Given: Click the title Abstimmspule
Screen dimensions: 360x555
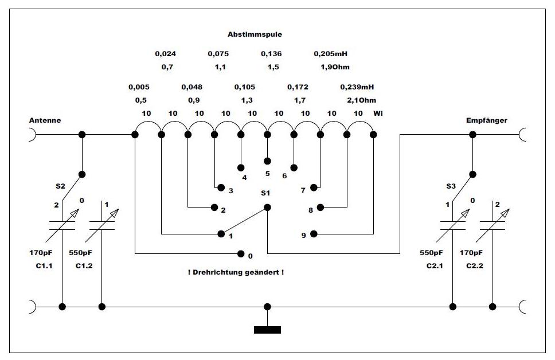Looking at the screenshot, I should [255, 34].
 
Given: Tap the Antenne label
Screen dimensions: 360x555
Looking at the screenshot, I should [45, 120].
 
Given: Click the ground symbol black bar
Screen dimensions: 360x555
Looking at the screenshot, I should [267, 330].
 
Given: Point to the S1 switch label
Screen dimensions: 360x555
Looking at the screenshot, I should [265, 193].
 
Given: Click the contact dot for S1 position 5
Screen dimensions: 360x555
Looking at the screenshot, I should [267, 160].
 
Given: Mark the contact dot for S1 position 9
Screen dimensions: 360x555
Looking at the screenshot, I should [314, 234].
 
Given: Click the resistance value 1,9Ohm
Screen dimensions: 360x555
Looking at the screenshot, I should [335, 67].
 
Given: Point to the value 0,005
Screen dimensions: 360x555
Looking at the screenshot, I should [139, 87].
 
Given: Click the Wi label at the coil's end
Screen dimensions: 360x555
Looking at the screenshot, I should [378, 114].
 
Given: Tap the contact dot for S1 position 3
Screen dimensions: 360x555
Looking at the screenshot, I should [219, 187].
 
